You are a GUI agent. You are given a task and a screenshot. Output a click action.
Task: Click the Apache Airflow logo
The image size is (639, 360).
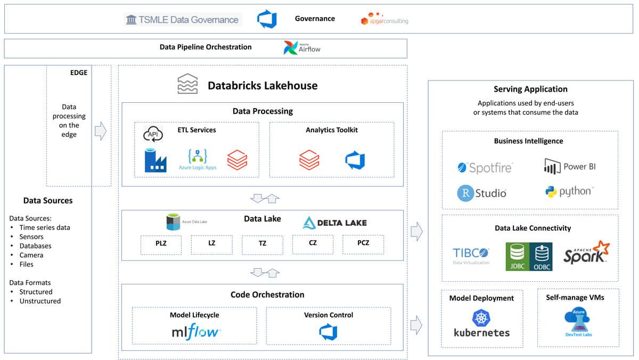click(x=302, y=48)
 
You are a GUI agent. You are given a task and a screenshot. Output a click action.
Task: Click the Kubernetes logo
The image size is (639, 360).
click(x=481, y=324)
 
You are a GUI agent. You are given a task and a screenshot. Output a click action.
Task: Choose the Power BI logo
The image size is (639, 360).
click(x=570, y=167)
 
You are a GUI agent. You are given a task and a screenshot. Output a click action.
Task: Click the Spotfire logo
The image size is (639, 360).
click(x=485, y=168)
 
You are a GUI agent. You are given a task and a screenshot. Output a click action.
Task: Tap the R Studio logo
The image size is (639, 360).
click(x=481, y=193)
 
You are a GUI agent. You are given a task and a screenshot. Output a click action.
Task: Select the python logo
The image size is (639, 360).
click(x=569, y=191)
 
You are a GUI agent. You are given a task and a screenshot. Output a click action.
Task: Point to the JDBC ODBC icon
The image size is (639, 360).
click(x=529, y=257)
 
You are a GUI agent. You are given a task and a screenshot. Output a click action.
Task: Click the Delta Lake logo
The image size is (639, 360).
click(x=334, y=223)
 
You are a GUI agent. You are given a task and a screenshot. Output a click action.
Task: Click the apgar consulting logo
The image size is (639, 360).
click(x=384, y=19)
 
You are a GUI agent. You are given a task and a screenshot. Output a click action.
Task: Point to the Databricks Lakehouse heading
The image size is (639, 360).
click(x=262, y=85)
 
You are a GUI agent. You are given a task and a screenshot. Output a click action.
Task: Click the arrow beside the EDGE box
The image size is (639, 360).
click(x=100, y=131)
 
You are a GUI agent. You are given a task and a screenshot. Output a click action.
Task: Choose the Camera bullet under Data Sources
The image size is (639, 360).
click(x=31, y=255)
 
